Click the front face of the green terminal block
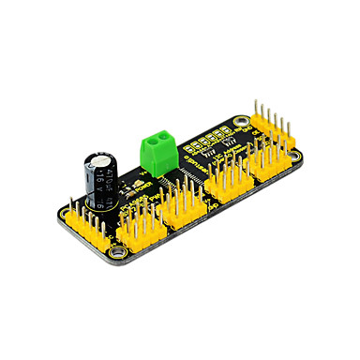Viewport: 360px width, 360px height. pos(159,151)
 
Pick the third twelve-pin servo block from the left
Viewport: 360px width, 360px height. pos(231,181)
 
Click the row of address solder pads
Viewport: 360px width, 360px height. pos(206,141)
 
